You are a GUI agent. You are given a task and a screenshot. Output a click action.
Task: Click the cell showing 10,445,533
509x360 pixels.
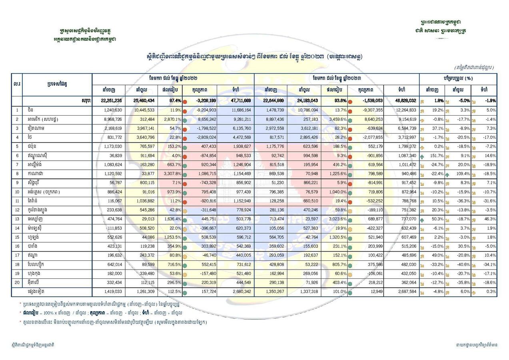[x=143, y=110]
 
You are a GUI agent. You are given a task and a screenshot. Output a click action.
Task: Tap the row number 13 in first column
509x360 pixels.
[x=17, y=219]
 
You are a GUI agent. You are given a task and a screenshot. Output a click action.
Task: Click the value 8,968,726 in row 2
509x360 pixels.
[x=111, y=119]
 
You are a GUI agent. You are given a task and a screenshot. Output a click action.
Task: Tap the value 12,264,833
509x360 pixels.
[x=405, y=110]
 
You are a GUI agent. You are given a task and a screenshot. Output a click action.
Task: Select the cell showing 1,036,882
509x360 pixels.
[x=143, y=201]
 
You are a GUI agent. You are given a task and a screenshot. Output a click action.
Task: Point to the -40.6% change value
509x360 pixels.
[x=461, y=265]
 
